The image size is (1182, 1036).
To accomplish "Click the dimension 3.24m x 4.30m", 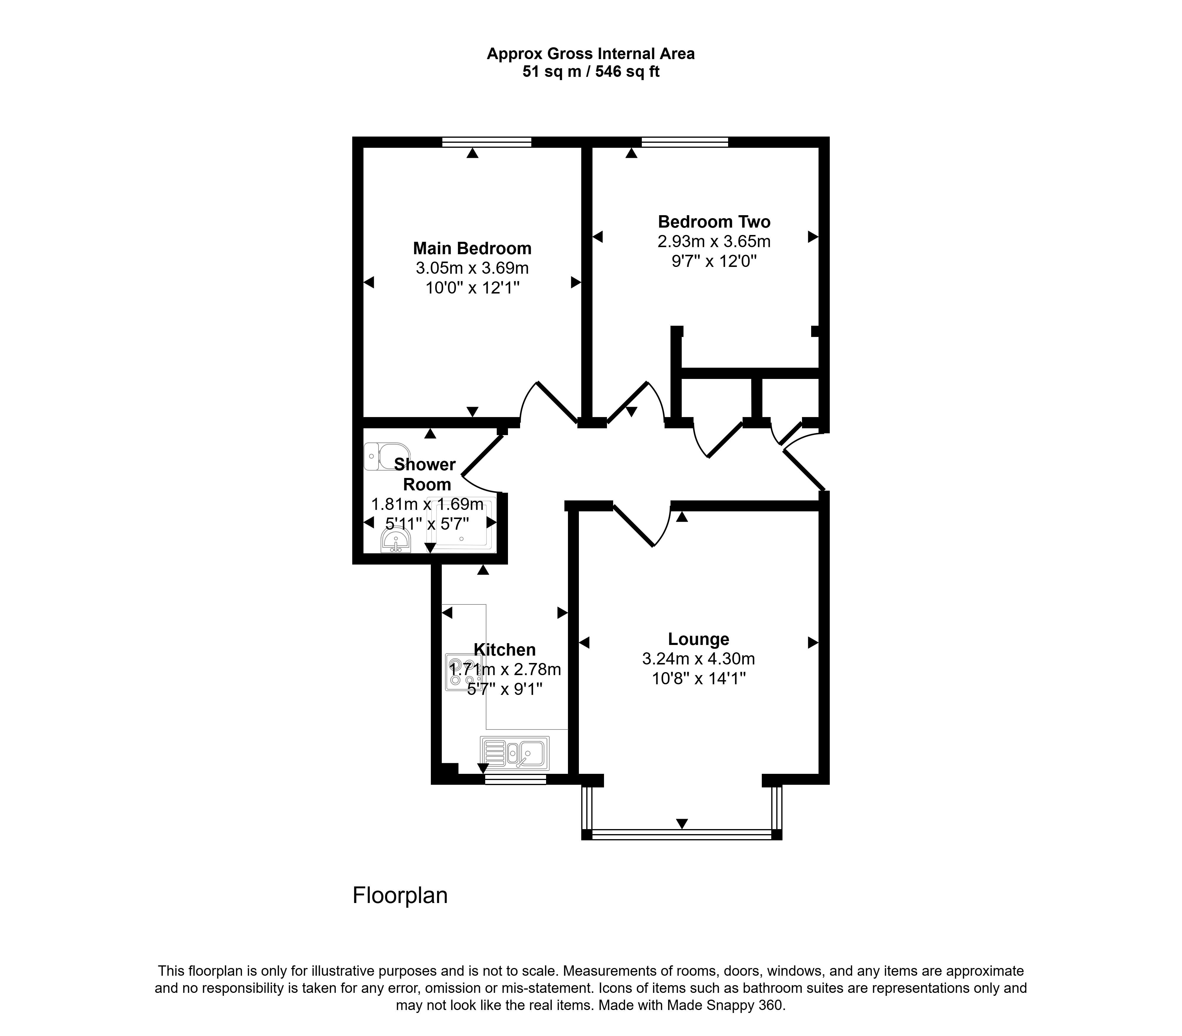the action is [698, 659].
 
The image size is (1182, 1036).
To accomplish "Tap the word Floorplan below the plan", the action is [400, 895].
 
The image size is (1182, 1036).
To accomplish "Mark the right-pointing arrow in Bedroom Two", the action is [813, 236].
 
